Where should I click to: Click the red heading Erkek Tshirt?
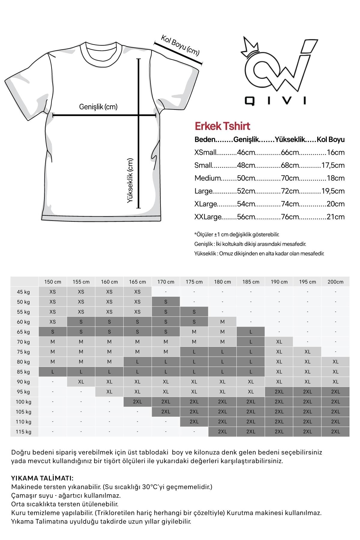coord(222,126)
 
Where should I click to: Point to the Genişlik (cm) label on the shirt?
coord(98,106)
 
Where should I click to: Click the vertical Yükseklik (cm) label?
coord(130,181)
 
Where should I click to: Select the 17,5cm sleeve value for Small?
coord(333,165)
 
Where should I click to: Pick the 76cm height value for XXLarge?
coord(290,217)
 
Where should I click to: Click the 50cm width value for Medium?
coord(246,178)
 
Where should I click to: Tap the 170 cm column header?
coord(166,282)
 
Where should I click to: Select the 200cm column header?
coord(335,282)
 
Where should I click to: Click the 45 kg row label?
coord(23,292)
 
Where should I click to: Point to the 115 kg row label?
coord(23,432)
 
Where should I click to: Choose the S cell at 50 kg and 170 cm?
coord(166,302)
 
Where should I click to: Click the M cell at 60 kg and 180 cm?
coord(222,322)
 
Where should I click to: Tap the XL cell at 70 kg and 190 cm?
coord(279,342)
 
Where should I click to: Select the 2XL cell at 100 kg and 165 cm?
coord(137,402)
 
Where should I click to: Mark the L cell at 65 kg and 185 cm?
coord(251,332)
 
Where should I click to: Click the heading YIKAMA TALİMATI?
coord(42,478)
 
